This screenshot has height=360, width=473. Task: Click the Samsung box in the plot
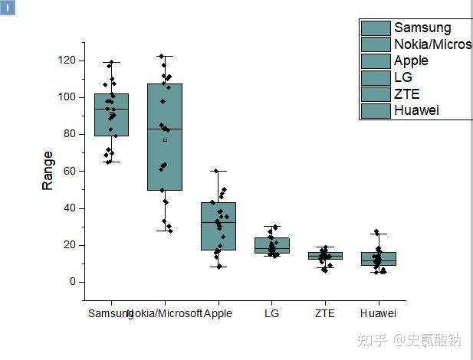click(x=111, y=115)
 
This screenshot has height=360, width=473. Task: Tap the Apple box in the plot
click(x=218, y=226)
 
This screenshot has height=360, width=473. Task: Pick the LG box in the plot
click(x=271, y=245)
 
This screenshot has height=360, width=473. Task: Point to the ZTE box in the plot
click(x=325, y=256)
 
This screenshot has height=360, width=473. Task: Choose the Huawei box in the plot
click(x=379, y=259)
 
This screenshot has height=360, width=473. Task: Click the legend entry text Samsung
click(x=422, y=28)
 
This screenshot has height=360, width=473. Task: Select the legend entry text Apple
click(x=411, y=61)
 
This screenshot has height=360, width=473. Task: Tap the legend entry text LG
click(x=403, y=77)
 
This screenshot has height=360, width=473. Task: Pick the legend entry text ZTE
click(x=406, y=93)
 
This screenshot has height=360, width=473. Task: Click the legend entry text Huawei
click(x=416, y=110)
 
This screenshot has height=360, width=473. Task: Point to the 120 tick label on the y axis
click(x=67, y=61)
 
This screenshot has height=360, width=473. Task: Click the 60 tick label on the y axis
click(x=70, y=172)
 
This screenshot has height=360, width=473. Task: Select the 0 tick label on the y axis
click(x=73, y=282)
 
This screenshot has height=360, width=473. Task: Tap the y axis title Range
click(x=48, y=170)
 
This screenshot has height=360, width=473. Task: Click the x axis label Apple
click(x=218, y=313)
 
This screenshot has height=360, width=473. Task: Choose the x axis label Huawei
click(x=379, y=313)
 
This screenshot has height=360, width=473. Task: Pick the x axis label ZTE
click(x=325, y=313)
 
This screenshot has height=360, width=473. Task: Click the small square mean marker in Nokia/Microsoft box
click(x=165, y=140)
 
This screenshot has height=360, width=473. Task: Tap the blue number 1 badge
click(x=8, y=8)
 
